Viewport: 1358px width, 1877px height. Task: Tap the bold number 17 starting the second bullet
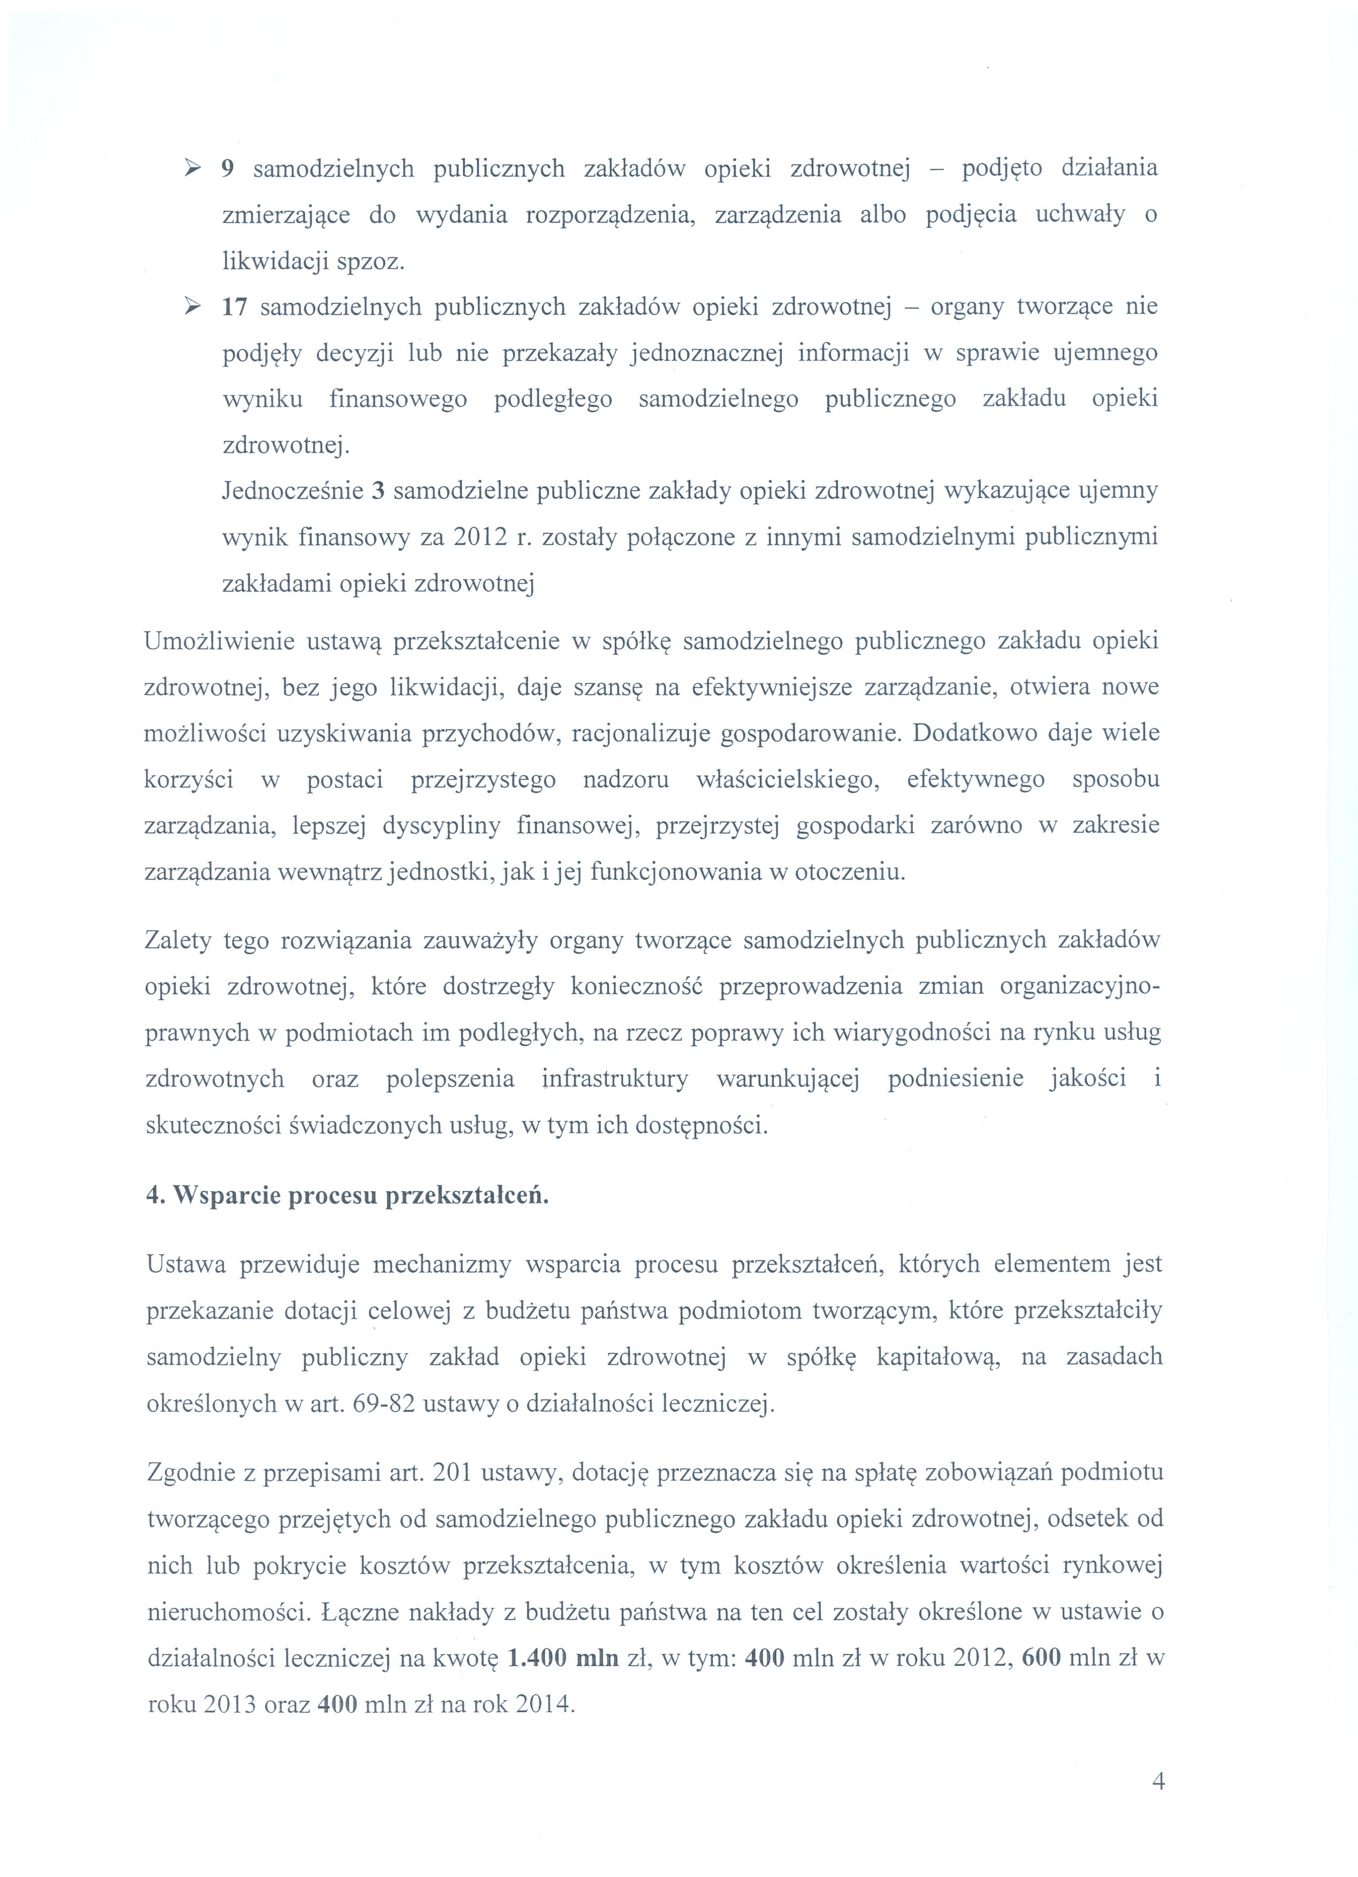(234, 308)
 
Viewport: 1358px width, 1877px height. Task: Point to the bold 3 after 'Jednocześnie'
(379, 491)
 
